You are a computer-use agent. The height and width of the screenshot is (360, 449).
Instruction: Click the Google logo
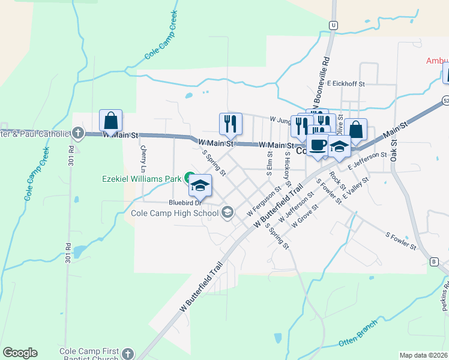pyautogui.click(x=20, y=353)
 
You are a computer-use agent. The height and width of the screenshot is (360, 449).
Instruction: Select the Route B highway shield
pyautogui.click(x=434, y=262)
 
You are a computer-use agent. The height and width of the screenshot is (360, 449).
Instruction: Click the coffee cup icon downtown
pyautogui.click(x=318, y=145)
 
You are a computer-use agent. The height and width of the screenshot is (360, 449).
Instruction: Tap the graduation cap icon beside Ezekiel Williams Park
pyautogui.click(x=200, y=186)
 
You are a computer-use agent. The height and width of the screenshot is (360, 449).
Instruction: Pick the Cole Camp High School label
pyautogui.click(x=175, y=212)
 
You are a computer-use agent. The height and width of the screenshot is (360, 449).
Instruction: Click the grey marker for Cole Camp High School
pyautogui.click(x=228, y=212)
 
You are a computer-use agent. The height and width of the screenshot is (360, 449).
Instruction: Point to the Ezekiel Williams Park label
pyautogui.click(x=142, y=178)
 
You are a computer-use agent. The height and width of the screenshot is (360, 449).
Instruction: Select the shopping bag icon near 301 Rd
pyautogui.click(x=111, y=121)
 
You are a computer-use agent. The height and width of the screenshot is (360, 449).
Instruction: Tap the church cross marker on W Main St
pyautogui.click(x=77, y=132)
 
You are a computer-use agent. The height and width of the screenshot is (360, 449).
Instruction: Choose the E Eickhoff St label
pyautogui.click(x=346, y=85)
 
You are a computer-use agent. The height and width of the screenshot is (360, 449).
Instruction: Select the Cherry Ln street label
pyautogui.click(x=143, y=157)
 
